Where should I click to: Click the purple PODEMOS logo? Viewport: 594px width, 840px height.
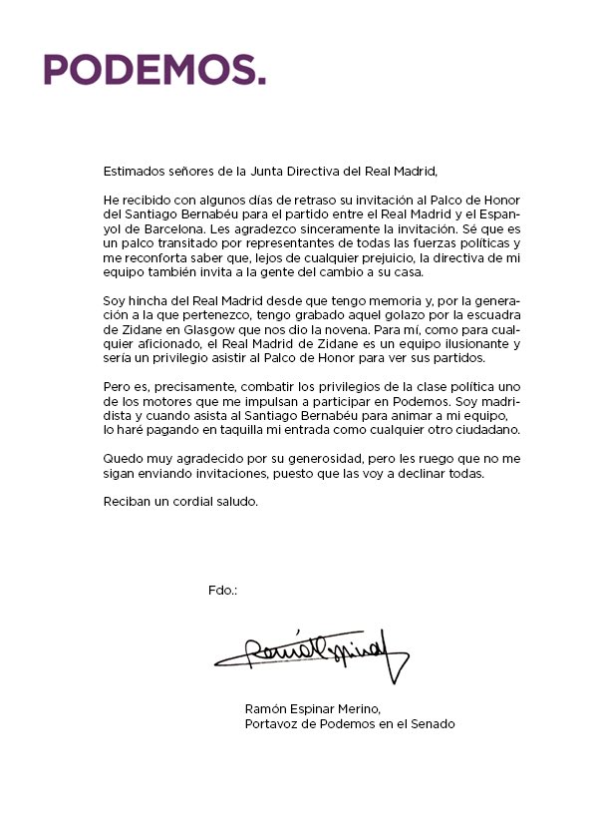[x=154, y=69]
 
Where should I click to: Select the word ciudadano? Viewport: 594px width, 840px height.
[x=459, y=428]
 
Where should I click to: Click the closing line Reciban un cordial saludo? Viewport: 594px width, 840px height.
[x=180, y=501]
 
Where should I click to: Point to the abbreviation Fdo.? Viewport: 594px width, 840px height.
[x=223, y=591]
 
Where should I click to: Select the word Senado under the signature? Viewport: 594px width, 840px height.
[x=434, y=724]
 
